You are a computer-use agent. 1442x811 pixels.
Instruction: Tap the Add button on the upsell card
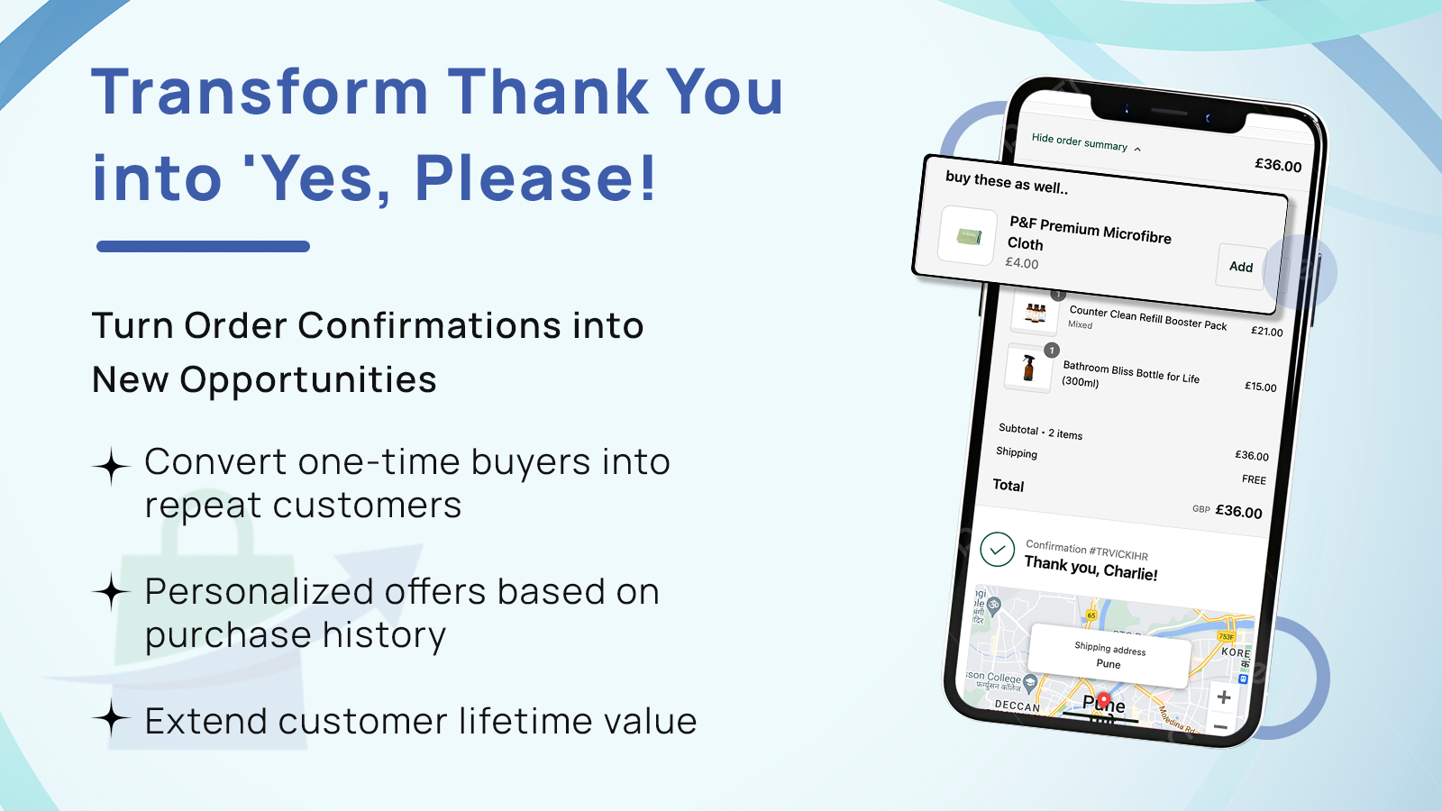[x=1241, y=267]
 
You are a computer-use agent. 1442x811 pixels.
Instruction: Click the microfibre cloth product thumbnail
[x=968, y=237]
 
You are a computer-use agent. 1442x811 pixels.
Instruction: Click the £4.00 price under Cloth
[x=1022, y=263]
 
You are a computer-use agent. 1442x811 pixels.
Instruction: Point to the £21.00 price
[x=1266, y=332]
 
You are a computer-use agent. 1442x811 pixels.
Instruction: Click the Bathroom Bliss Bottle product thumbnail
[x=1028, y=368]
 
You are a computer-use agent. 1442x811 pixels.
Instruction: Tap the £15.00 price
[x=1260, y=387]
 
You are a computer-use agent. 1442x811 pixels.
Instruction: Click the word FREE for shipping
[x=1254, y=479]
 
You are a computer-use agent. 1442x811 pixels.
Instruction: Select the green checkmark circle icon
[x=997, y=549]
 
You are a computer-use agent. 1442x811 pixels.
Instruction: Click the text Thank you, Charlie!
[x=1091, y=568]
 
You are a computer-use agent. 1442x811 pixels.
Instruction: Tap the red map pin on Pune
[x=1104, y=700]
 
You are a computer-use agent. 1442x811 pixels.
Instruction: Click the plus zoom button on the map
[x=1224, y=697]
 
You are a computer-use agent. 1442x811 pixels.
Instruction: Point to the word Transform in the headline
[x=260, y=92]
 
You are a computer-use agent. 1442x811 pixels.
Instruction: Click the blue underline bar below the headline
[x=203, y=246]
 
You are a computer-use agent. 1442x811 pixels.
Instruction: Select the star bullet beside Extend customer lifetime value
[x=112, y=719]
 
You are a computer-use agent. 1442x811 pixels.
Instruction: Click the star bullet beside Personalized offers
[x=112, y=592]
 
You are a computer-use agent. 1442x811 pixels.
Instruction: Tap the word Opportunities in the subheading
[x=308, y=380]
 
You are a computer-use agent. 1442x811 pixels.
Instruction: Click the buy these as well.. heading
[x=1006, y=182]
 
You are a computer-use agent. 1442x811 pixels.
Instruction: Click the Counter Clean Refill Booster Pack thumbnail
[x=1035, y=313]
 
